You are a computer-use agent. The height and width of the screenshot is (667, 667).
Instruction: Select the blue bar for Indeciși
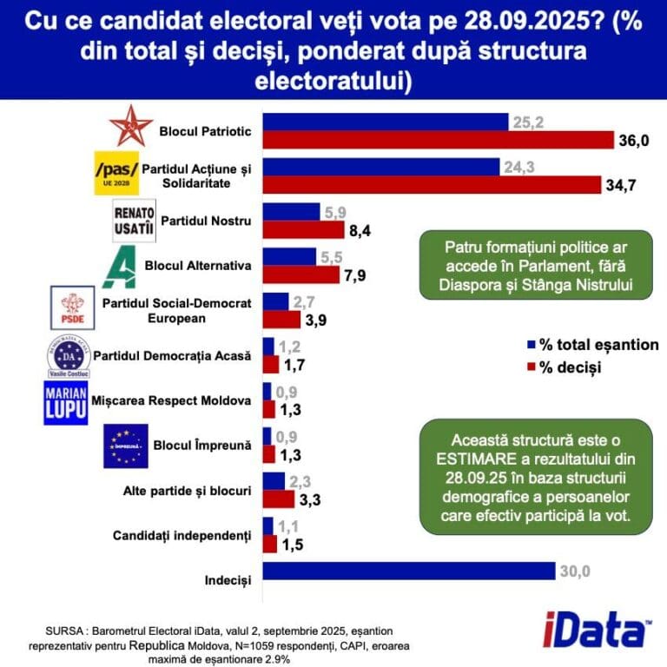tap(408, 571)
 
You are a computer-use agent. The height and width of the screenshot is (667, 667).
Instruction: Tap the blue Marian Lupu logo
tap(65, 401)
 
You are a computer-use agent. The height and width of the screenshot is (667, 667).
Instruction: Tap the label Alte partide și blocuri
tap(188, 491)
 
